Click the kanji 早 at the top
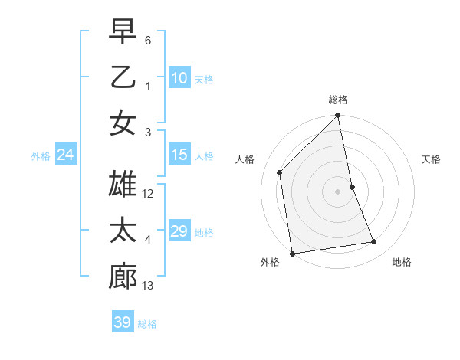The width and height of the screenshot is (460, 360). pyautogui.click(x=123, y=31)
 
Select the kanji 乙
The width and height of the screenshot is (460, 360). pyautogui.click(x=123, y=77)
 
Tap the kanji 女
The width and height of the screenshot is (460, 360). pyautogui.click(x=123, y=123)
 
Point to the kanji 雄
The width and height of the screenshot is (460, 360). pyautogui.click(x=123, y=186)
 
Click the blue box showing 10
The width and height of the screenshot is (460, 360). pyautogui.click(x=179, y=78)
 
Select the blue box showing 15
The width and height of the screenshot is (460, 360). pyautogui.click(x=179, y=155)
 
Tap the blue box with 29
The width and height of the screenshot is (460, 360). pyautogui.click(x=179, y=231)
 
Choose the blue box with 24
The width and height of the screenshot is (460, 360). pyautogui.click(x=65, y=155)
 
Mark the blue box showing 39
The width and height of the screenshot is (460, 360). pyautogui.click(x=123, y=322)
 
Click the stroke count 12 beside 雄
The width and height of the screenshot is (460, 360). pyautogui.click(x=149, y=195)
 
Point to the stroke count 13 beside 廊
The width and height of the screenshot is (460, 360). pyautogui.click(x=149, y=286)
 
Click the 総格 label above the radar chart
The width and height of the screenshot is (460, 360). pyautogui.click(x=338, y=100)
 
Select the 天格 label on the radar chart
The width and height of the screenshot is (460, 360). pyautogui.click(x=432, y=159)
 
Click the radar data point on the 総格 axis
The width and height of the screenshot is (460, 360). pyautogui.click(x=338, y=116)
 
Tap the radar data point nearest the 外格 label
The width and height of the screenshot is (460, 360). pyautogui.click(x=292, y=253)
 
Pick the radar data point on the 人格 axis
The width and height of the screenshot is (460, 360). pyautogui.click(x=280, y=172)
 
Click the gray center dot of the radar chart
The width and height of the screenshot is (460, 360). pyautogui.click(x=338, y=191)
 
